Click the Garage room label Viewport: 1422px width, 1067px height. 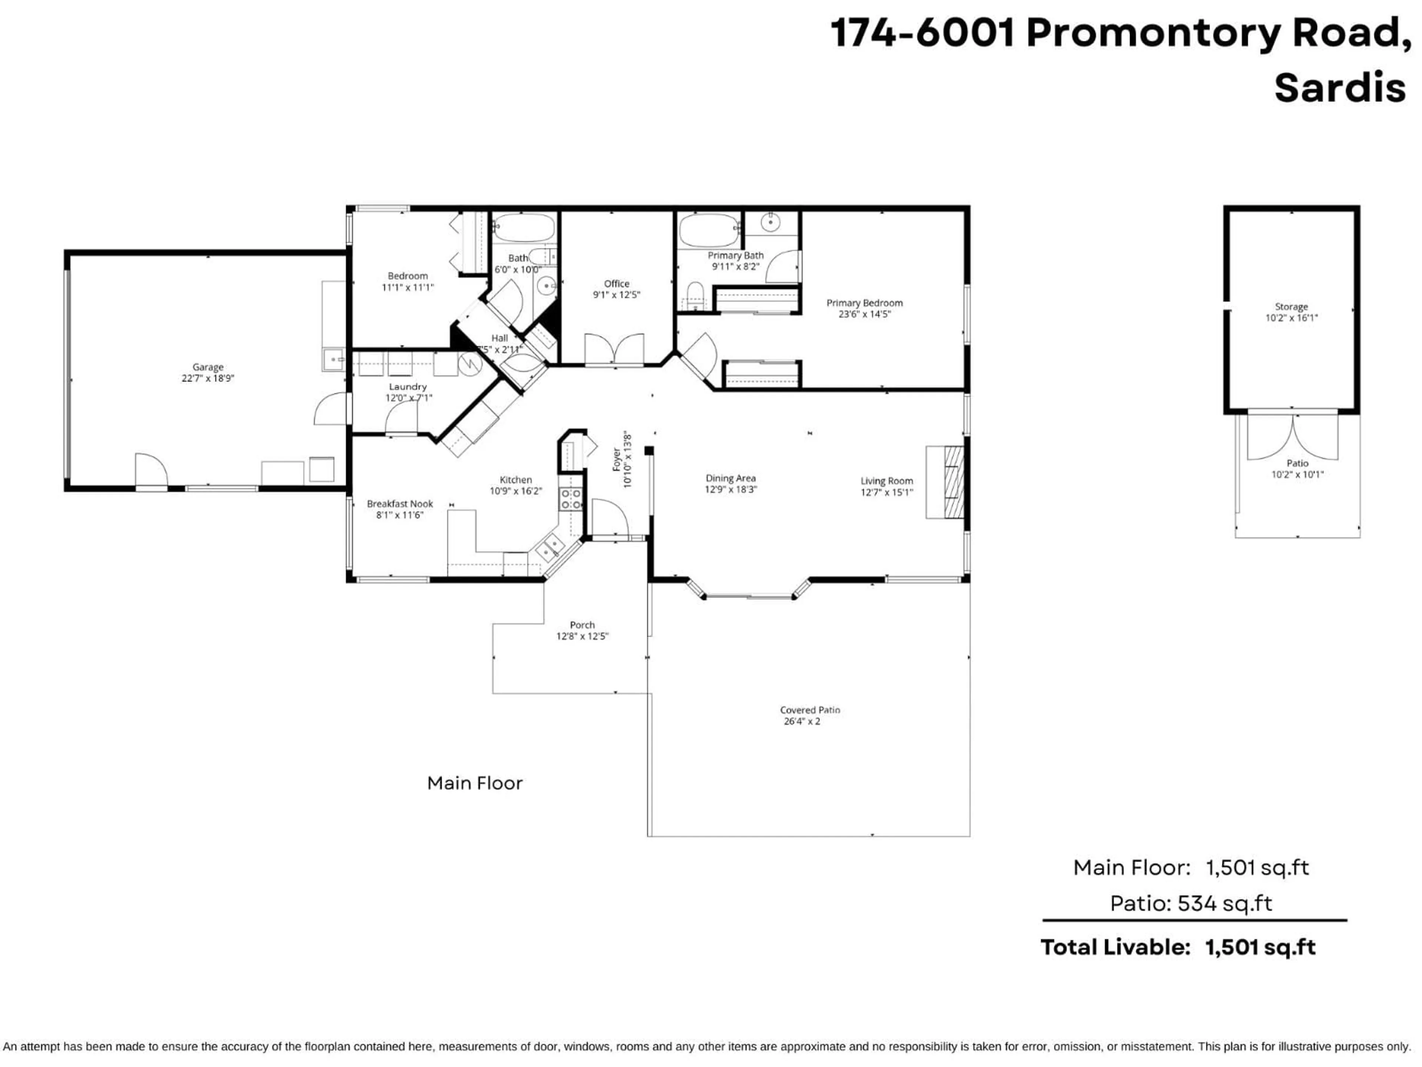pos(208,367)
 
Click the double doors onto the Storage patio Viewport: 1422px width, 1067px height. pos(1292,437)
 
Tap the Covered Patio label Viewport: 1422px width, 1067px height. pos(810,710)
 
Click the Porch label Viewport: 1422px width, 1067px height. pos(582,625)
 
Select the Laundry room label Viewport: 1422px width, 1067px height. pos(408,386)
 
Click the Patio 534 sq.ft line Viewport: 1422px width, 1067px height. pos(1191,904)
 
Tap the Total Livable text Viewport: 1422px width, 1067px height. pos(1114,947)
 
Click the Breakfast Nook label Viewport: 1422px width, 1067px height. pos(400,503)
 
